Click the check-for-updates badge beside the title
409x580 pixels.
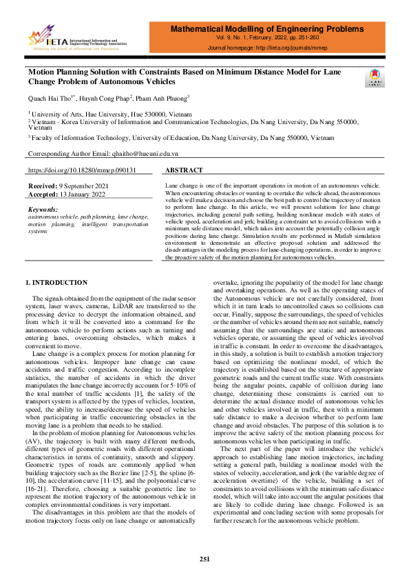pyautogui.click(x=375, y=78)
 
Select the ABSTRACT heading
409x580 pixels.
pyautogui.click(x=185, y=170)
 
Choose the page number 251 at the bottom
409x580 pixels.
pyautogui.click(x=204, y=559)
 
